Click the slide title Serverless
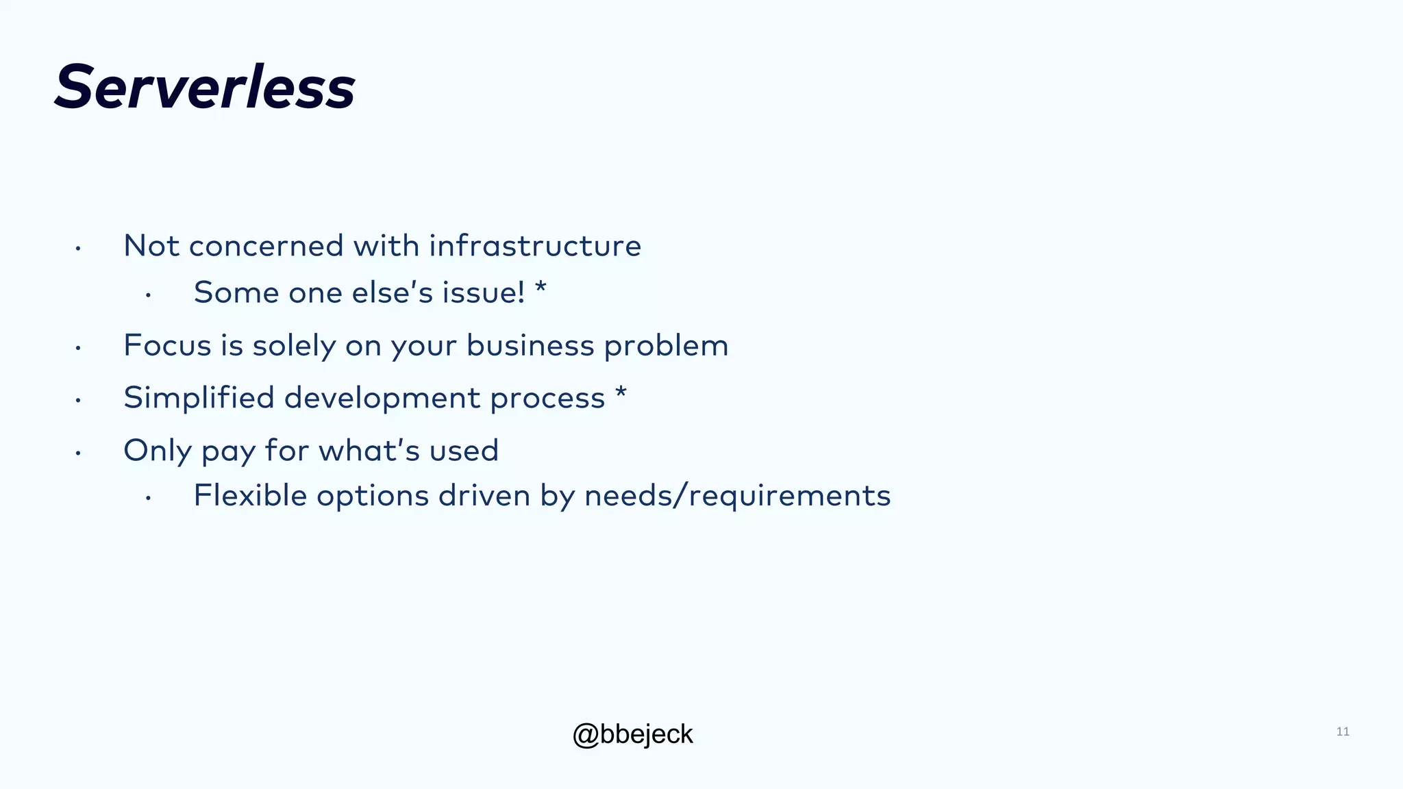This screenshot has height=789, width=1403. tap(204, 87)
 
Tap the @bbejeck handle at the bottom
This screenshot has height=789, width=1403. tap(632, 734)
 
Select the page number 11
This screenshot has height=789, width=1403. tap(1342, 731)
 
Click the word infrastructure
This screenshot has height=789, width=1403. tap(534, 246)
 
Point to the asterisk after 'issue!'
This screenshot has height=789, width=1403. tap(541, 288)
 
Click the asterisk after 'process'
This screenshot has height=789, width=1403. tap(621, 393)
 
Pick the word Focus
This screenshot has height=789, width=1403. tap(167, 345)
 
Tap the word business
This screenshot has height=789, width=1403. tap(530, 345)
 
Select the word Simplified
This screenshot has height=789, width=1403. tap(199, 398)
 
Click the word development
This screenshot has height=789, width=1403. tap(382, 398)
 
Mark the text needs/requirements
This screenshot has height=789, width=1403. tap(737, 496)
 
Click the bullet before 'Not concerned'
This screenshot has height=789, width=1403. tap(79, 249)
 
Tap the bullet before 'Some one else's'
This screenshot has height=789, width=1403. tap(148, 295)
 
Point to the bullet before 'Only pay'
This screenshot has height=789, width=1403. tap(79, 453)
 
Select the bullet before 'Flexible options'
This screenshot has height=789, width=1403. tap(148, 499)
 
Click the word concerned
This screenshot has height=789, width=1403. tap(266, 246)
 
